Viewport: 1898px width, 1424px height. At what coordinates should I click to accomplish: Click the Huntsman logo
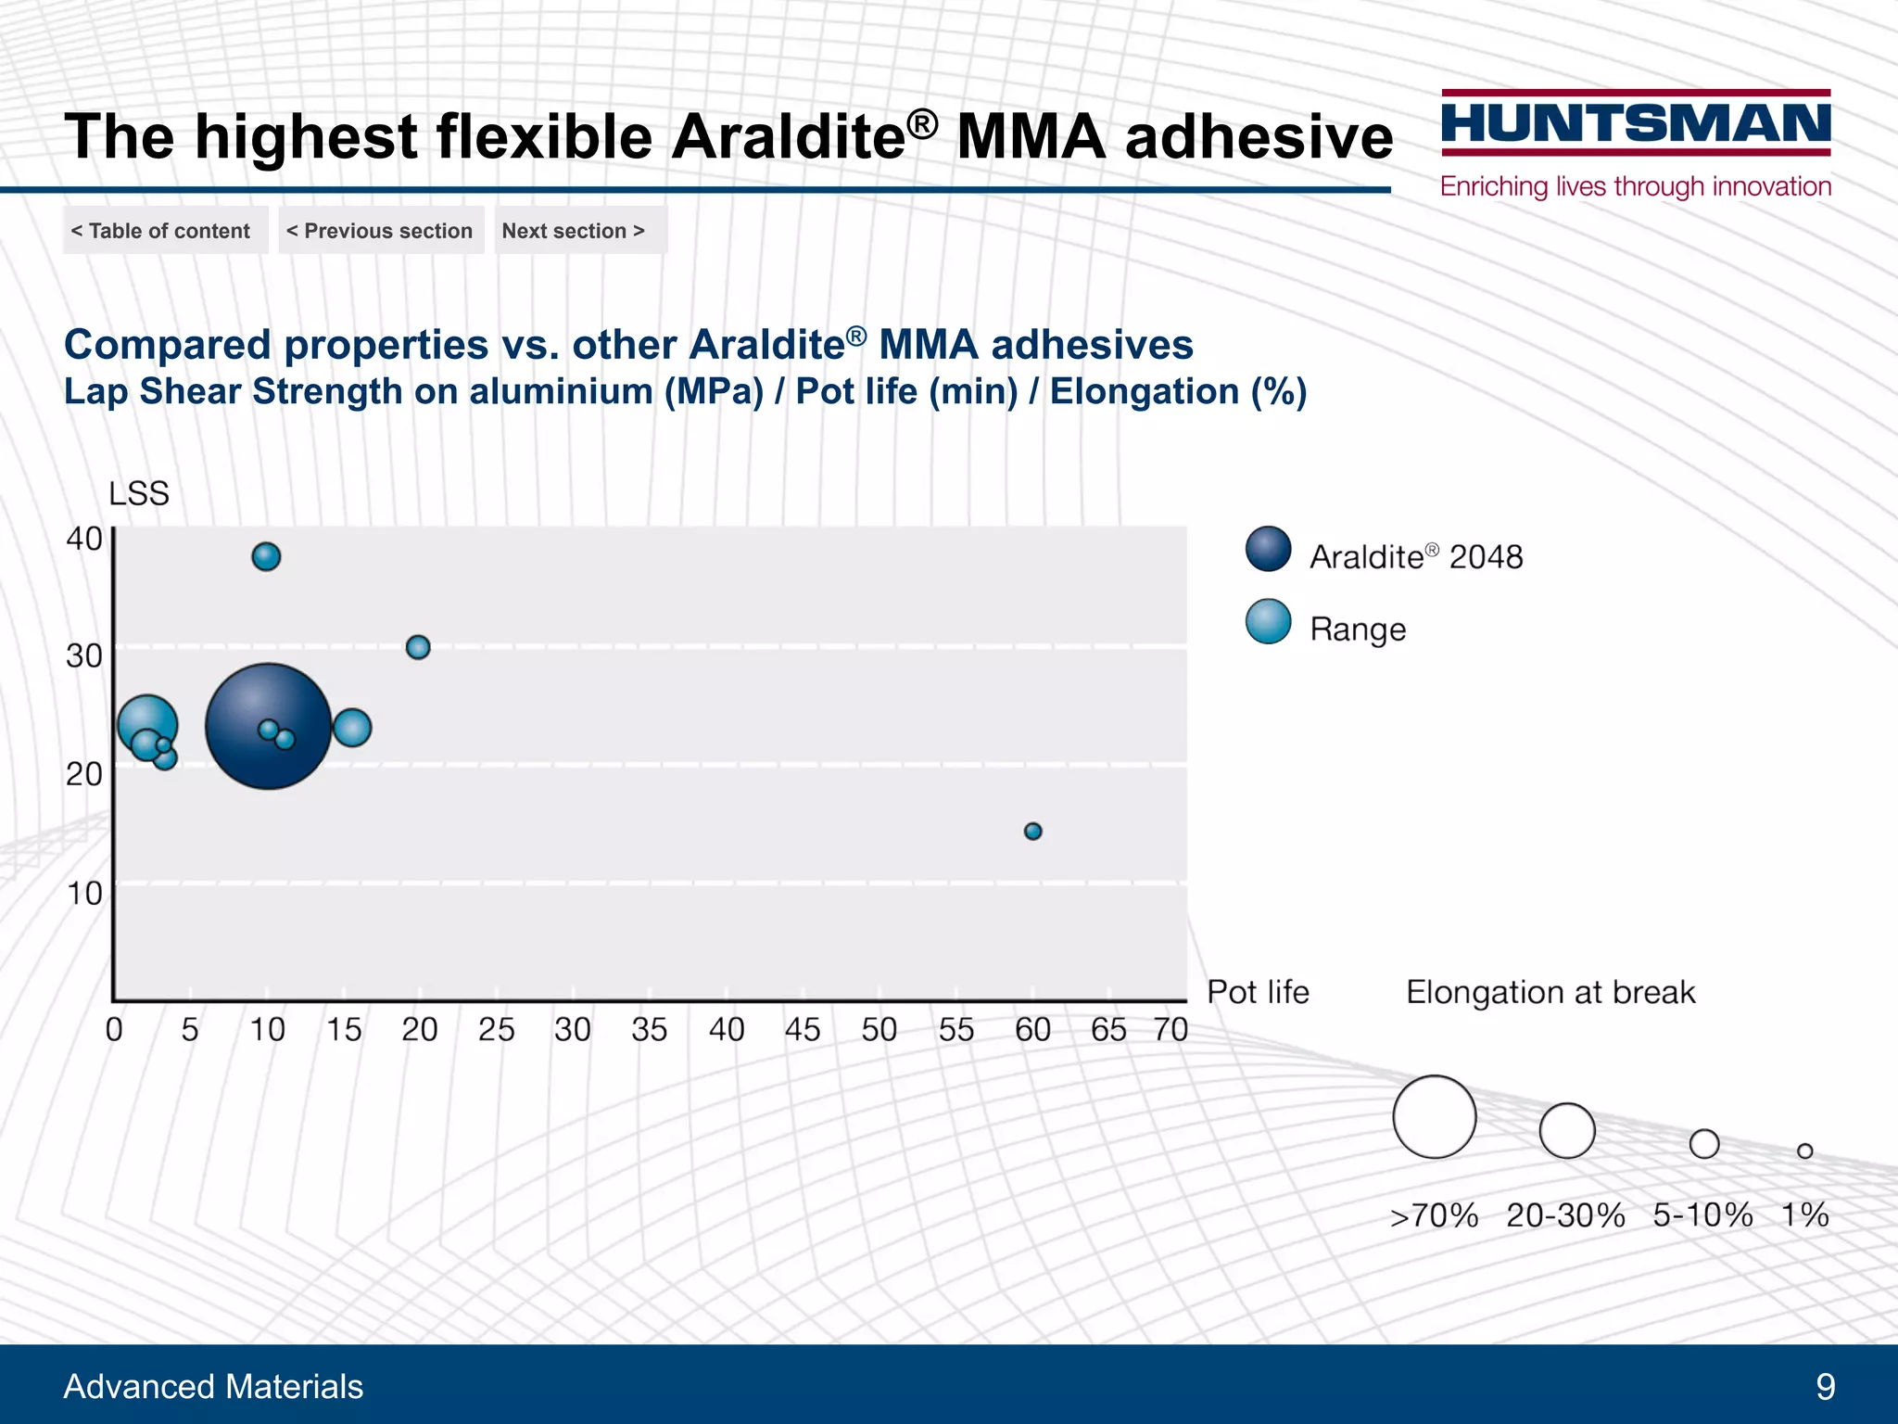[x=1636, y=124]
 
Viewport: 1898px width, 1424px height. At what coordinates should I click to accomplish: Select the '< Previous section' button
[x=380, y=231]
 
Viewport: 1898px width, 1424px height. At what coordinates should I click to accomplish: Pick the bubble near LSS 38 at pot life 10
[x=266, y=556]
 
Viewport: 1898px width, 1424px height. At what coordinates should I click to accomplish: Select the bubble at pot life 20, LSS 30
[x=418, y=647]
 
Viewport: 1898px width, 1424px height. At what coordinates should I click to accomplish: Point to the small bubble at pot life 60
[x=1032, y=831]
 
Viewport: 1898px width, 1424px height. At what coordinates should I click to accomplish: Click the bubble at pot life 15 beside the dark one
[x=352, y=728]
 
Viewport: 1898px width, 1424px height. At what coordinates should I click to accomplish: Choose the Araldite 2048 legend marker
[x=1268, y=549]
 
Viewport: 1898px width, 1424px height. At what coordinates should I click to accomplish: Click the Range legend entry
[x=1357, y=629]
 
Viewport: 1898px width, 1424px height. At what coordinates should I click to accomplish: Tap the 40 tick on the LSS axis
[x=83, y=539]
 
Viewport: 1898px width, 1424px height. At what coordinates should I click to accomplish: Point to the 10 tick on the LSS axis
[x=83, y=894]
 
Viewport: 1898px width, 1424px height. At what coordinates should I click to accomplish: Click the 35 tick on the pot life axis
[x=649, y=1030]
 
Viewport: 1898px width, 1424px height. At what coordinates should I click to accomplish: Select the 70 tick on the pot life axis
[x=1170, y=1030]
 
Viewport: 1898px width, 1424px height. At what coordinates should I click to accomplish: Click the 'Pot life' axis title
[x=1258, y=992]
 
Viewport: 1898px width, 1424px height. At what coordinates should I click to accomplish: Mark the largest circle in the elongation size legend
[x=1434, y=1116]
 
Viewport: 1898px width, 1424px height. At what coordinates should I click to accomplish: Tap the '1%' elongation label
[x=1804, y=1214]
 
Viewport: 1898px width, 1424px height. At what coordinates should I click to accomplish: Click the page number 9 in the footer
[x=1825, y=1387]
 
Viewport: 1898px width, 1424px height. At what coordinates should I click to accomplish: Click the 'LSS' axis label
[x=139, y=493]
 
